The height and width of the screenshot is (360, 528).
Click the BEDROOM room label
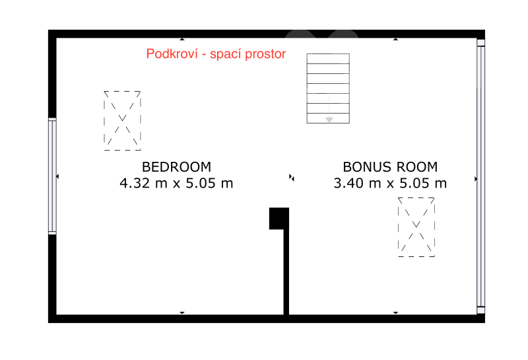[176, 167]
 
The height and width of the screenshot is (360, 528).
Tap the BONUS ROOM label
[390, 167]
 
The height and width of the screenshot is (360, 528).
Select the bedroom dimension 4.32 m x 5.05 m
[176, 183]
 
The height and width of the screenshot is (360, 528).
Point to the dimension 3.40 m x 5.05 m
[390, 183]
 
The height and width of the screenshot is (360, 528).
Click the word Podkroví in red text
[172, 54]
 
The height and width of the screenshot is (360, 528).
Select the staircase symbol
[328, 89]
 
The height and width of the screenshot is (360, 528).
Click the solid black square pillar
[279, 219]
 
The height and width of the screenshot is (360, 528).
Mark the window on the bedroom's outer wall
[52, 176]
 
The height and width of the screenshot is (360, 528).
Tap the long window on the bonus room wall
[481, 176]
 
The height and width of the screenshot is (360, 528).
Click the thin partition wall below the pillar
[286, 271]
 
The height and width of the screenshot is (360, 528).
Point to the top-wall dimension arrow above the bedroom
[182, 39]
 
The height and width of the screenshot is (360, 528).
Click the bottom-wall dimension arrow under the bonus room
[395, 313]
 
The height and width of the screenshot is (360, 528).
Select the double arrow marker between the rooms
[292, 177]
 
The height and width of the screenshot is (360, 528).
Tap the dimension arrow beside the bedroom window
[57, 176]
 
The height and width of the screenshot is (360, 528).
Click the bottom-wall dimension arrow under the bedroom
[182, 313]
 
